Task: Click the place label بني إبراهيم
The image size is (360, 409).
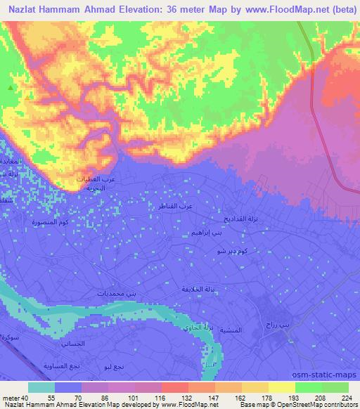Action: tap(205, 232)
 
